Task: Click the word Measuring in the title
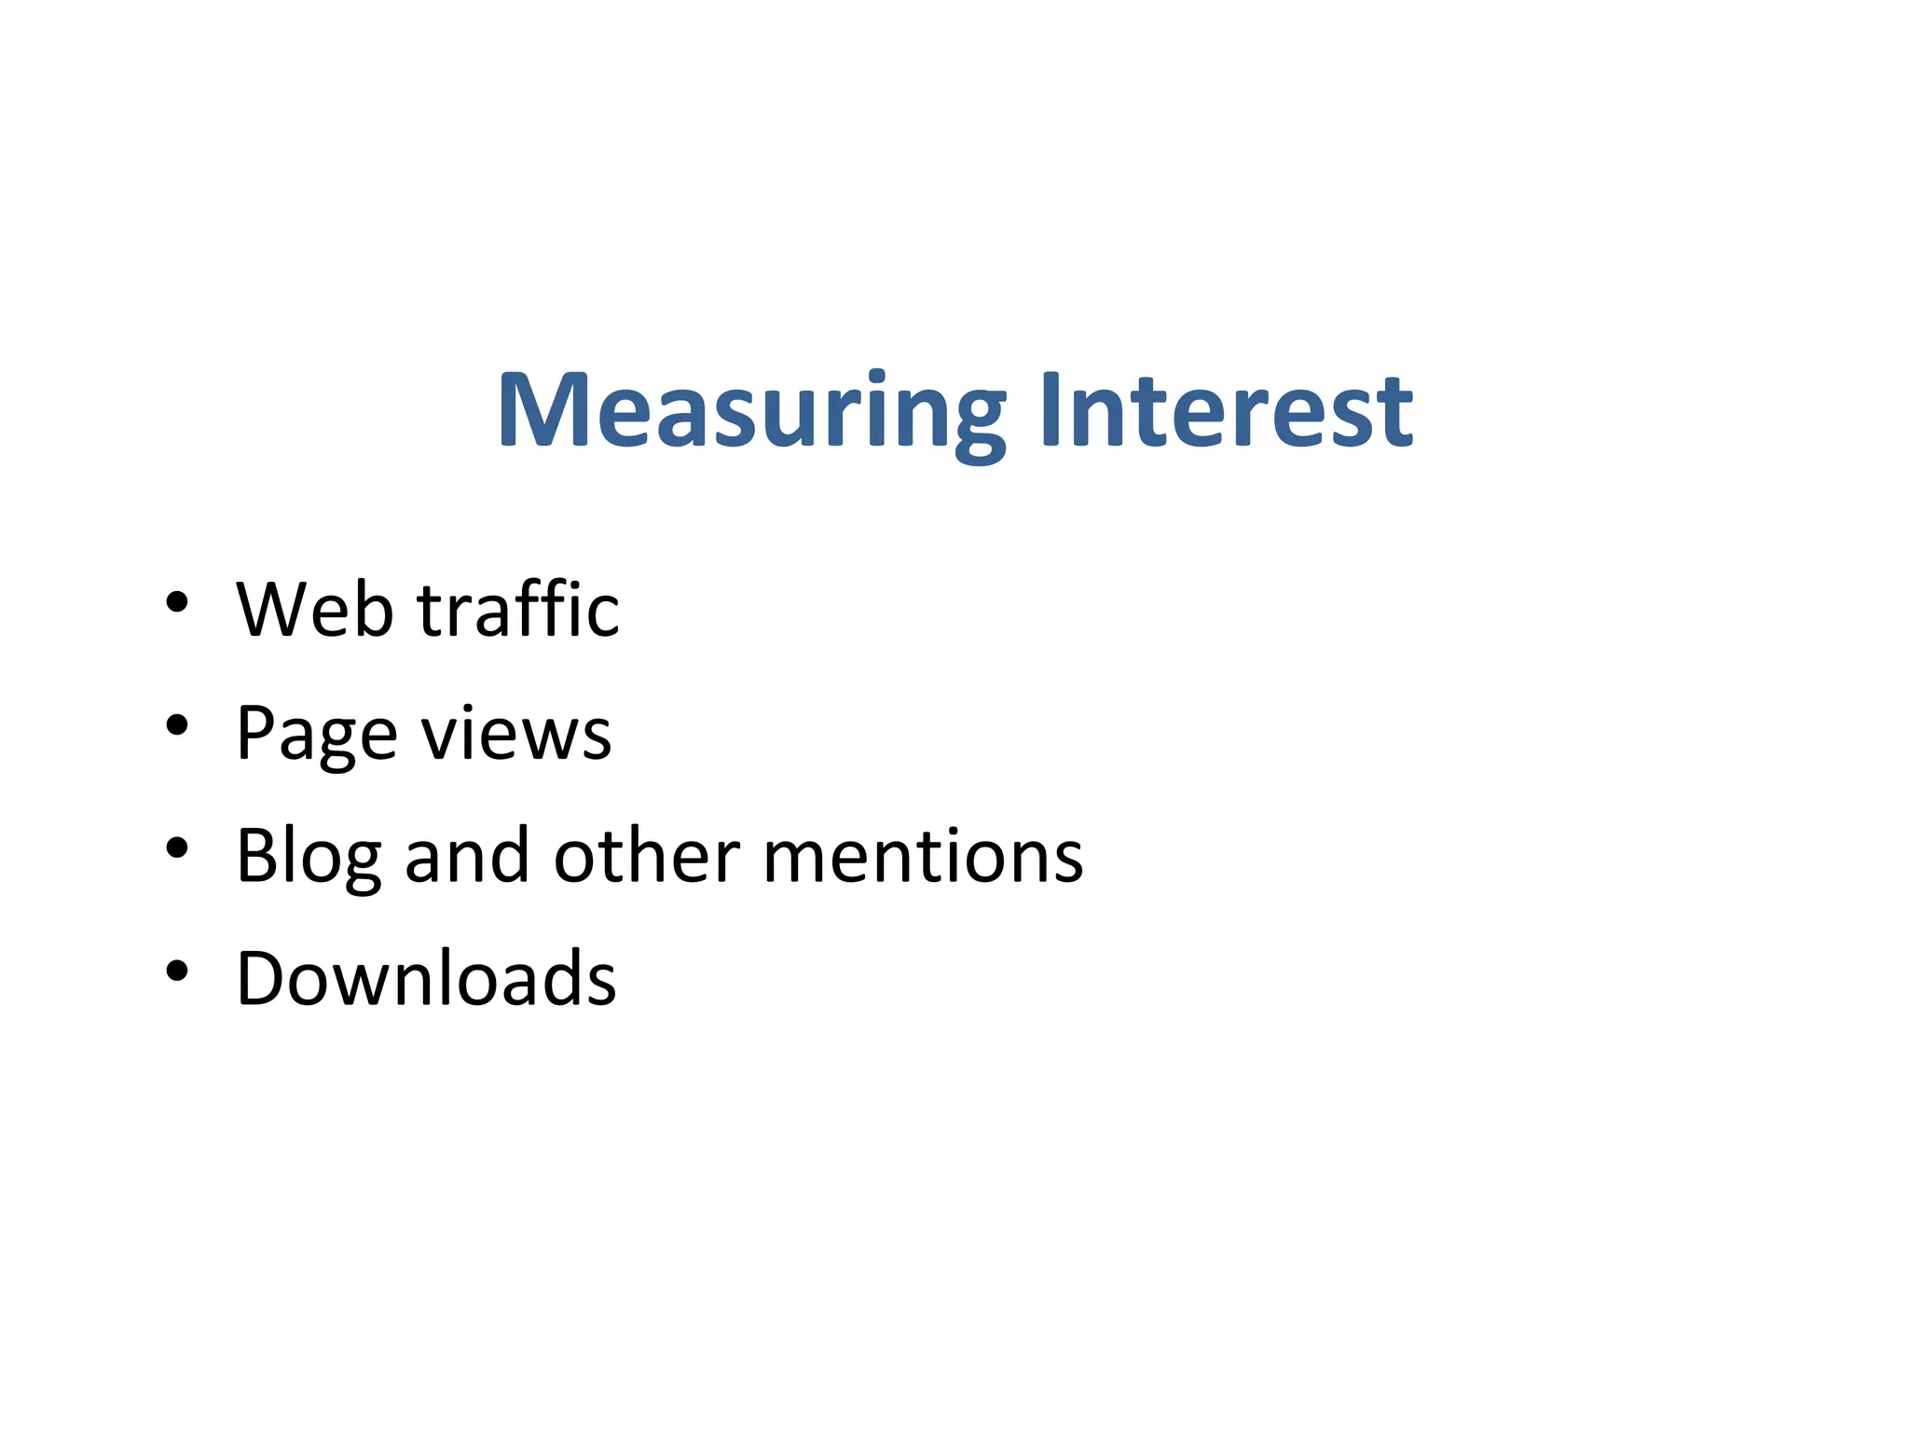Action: (x=751, y=411)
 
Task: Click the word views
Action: (x=516, y=734)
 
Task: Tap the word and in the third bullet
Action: (x=467, y=856)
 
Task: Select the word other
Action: (x=647, y=856)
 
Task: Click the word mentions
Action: (x=923, y=856)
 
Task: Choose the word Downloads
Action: (x=426, y=978)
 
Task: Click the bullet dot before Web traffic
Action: (x=176, y=602)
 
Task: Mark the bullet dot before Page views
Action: (x=176, y=724)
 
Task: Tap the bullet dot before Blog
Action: (x=176, y=847)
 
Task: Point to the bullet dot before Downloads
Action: (x=176, y=971)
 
